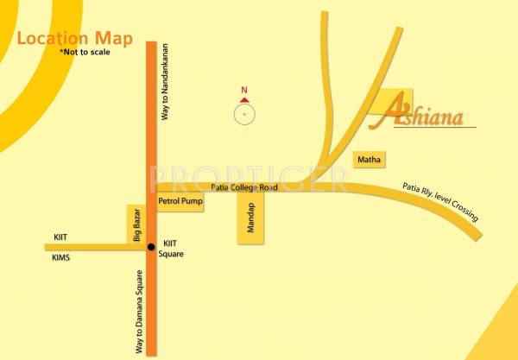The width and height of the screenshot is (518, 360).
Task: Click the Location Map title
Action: pos(75,39)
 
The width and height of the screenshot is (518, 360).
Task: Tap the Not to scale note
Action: pos(85,53)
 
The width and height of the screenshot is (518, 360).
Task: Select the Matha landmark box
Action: pos(370,160)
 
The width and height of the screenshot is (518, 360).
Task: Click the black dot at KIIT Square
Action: pos(151,247)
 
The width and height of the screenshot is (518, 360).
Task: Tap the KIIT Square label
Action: pos(174,249)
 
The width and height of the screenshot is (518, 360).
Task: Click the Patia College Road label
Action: pos(244,187)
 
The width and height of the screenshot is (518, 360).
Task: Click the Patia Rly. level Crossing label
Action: pos(440,202)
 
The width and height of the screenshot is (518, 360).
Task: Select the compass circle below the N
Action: pos(244,114)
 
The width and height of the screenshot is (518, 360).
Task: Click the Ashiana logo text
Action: pos(422,116)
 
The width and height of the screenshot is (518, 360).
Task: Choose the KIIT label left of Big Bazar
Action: pos(60,237)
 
